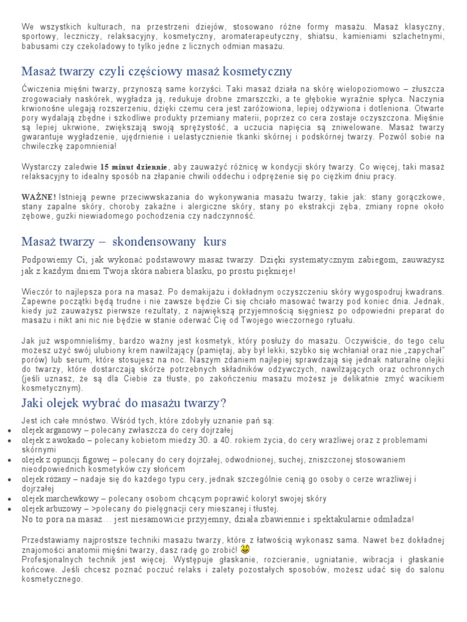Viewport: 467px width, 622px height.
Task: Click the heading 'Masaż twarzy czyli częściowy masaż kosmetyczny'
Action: [157, 72]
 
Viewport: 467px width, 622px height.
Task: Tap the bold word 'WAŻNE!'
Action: [39, 197]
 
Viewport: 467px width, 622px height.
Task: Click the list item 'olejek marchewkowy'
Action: [60, 499]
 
